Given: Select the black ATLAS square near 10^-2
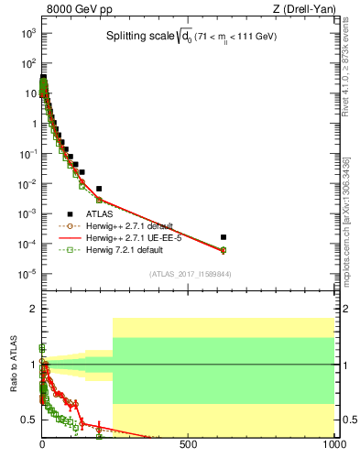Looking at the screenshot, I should coord(99,189).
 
